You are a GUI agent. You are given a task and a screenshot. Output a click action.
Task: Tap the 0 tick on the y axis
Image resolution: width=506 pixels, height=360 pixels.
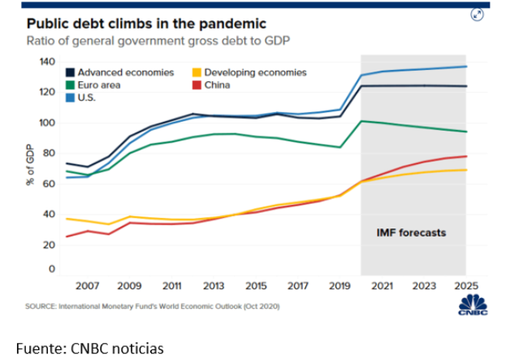[51, 269]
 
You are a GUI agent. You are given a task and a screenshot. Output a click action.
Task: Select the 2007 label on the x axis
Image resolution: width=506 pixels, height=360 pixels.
[87, 287]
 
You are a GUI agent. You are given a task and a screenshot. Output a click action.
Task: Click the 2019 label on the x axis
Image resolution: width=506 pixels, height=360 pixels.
[339, 287]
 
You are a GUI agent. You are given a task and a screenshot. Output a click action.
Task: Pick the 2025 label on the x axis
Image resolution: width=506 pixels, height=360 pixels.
[464, 287]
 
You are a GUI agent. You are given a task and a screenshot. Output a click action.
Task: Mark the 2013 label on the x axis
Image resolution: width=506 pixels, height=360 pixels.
[214, 287]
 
